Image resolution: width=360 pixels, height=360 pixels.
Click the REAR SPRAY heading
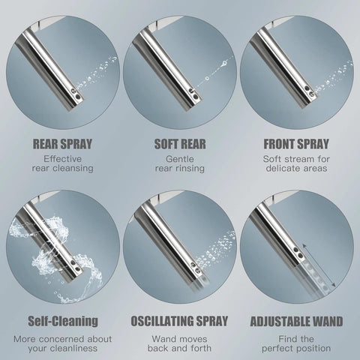pyautogui.click(x=62, y=144)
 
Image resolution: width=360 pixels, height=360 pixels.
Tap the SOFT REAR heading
pyautogui.click(x=180, y=144)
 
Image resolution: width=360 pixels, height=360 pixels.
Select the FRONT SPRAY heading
pyautogui.click(x=296, y=144)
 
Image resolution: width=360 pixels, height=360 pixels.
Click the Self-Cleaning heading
pyautogui.click(x=63, y=321)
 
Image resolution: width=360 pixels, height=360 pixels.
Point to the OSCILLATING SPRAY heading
pyautogui.click(x=179, y=321)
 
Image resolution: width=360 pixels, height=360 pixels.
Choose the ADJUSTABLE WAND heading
pyautogui.click(x=296, y=321)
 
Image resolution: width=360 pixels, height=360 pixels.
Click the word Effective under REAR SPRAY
pyautogui.click(x=63, y=159)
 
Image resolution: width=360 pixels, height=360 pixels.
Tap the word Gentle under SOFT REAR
pyautogui.click(x=180, y=159)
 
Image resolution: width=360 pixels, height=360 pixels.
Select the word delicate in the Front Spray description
pyautogui.click(x=282, y=168)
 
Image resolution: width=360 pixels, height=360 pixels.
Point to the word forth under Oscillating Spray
pyautogui.click(x=201, y=348)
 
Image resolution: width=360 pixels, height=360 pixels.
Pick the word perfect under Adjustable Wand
pyautogui.click(x=278, y=348)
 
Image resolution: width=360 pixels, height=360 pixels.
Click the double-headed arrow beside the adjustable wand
pyautogui.click(x=319, y=265)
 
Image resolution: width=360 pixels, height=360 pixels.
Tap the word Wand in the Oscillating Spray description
pyautogui.click(x=163, y=339)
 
